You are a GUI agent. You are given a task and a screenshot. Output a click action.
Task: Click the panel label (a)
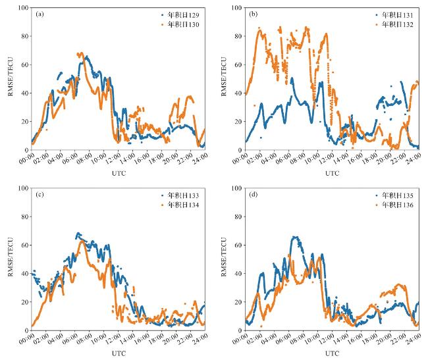pos(40,13)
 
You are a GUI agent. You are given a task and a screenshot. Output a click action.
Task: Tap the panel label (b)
pos(254,13)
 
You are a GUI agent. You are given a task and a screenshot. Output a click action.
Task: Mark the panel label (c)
pos(40,194)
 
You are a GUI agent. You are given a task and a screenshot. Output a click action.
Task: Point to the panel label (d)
pos(254,194)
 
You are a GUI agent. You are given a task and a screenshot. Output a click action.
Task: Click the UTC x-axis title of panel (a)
pos(119,174)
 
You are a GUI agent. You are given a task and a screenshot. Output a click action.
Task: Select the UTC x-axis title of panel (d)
pos(333,355)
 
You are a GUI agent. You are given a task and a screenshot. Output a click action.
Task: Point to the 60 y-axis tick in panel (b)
pos(238,65)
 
